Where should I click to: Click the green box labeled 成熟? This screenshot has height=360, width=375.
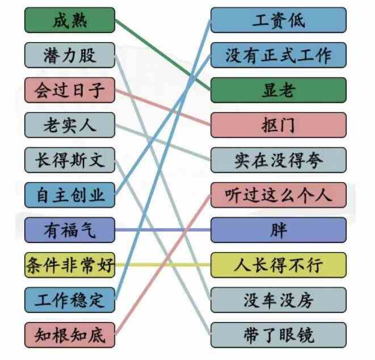point(70,20)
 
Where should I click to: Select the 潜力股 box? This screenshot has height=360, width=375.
point(70,55)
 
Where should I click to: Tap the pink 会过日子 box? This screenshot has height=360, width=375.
point(70,90)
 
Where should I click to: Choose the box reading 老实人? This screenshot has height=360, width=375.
point(70,125)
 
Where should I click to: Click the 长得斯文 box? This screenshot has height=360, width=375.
point(70,160)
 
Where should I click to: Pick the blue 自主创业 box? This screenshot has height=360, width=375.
point(70,195)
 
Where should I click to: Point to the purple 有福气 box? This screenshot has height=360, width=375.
point(70,230)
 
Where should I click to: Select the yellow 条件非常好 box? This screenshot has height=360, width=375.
point(70,265)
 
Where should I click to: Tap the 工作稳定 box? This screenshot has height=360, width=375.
point(70,300)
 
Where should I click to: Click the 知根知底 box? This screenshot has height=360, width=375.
point(70,335)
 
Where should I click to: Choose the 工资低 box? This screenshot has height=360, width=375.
point(279,20)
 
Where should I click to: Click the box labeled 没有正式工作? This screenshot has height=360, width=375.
point(279,55)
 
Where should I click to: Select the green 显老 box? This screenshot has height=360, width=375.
point(279,90)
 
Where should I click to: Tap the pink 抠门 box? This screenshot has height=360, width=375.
point(279,125)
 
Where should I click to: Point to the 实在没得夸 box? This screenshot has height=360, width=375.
point(279,160)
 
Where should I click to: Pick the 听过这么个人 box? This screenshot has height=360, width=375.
point(279,195)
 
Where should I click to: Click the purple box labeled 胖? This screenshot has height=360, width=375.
point(279,230)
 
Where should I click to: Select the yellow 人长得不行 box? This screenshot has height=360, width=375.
point(279,265)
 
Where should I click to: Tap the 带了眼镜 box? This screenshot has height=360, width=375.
point(279,335)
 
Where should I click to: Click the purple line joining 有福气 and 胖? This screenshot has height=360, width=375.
point(163,230)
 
